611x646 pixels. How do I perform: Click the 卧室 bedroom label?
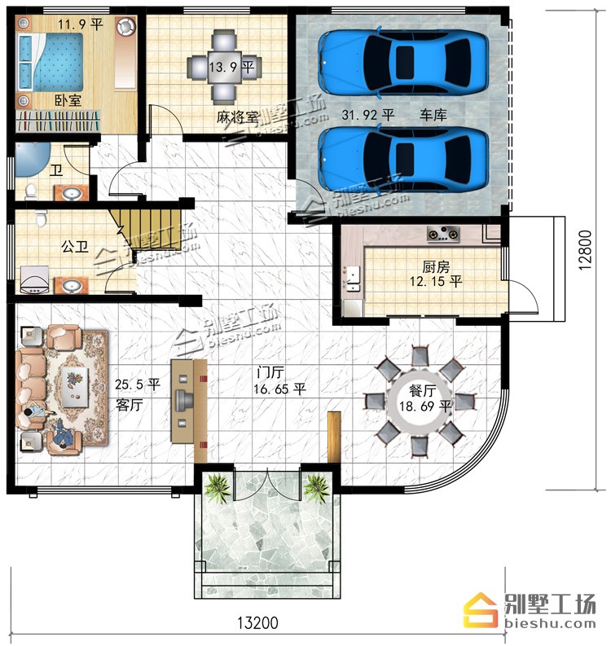coord(68,100)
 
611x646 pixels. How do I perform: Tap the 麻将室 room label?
coord(237,117)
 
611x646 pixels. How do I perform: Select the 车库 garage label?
coord(433,115)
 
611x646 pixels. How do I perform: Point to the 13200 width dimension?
coord(258,622)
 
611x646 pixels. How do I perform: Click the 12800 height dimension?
coord(585,249)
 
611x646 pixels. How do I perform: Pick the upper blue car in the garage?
coord(404,62)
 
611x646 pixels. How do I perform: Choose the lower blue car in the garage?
coord(404,159)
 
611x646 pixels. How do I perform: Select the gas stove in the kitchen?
coord(443,234)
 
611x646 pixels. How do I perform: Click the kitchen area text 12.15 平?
coord(436,282)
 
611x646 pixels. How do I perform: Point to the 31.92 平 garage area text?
coord(368,115)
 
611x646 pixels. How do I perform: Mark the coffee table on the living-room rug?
coord(75,386)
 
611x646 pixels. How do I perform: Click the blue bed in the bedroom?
coord(50,62)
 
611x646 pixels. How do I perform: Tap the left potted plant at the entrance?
coord(217,487)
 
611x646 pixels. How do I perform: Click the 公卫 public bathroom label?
coord(75,247)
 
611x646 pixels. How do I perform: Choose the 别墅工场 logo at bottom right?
coord(530,610)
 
